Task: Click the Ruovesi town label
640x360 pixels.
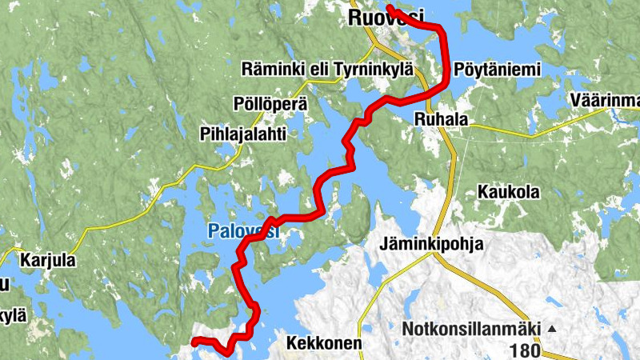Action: pyautogui.click(x=386, y=16)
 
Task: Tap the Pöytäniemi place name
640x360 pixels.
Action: pyautogui.click(x=498, y=70)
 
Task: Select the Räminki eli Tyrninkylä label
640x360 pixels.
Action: pyautogui.click(x=327, y=70)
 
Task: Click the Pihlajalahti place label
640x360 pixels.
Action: pyautogui.click(x=243, y=134)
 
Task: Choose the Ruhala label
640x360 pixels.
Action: pyautogui.click(x=440, y=118)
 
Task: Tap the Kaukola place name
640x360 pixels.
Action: pyautogui.click(x=508, y=192)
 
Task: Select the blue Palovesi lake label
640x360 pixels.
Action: pyautogui.click(x=242, y=232)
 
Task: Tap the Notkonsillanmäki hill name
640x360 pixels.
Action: pyautogui.click(x=472, y=329)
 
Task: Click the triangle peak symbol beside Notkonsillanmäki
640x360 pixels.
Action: pyautogui.click(x=551, y=329)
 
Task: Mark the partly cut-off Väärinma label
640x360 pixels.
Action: pyautogui.click(x=606, y=100)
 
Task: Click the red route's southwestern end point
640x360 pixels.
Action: pyautogui.click(x=194, y=342)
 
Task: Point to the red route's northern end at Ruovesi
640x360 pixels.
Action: pyautogui.click(x=389, y=8)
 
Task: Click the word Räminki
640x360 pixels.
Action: pyautogui.click(x=271, y=70)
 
